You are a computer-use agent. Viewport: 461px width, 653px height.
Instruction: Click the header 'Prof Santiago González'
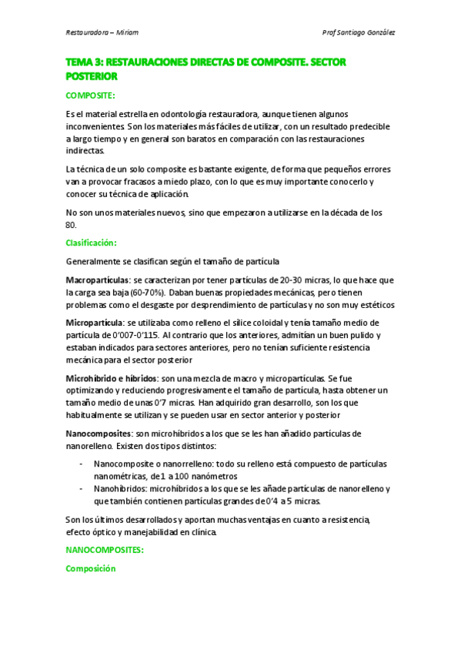[x=360, y=33]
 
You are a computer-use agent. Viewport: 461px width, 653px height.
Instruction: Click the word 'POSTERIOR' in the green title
[x=92, y=77]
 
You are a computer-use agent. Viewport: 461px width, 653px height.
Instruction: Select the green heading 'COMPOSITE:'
[x=90, y=95]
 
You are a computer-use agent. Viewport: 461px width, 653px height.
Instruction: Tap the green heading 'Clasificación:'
[x=92, y=243]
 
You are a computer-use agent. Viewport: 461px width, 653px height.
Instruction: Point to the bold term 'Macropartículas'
[x=98, y=280]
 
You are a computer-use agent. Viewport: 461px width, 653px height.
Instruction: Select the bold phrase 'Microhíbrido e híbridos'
[x=111, y=378]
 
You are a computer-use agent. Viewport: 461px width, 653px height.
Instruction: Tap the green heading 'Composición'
[x=90, y=569]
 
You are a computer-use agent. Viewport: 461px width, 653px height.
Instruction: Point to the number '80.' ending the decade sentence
[x=72, y=224]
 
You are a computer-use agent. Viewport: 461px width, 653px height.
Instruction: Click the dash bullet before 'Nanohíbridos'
[x=82, y=489]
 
